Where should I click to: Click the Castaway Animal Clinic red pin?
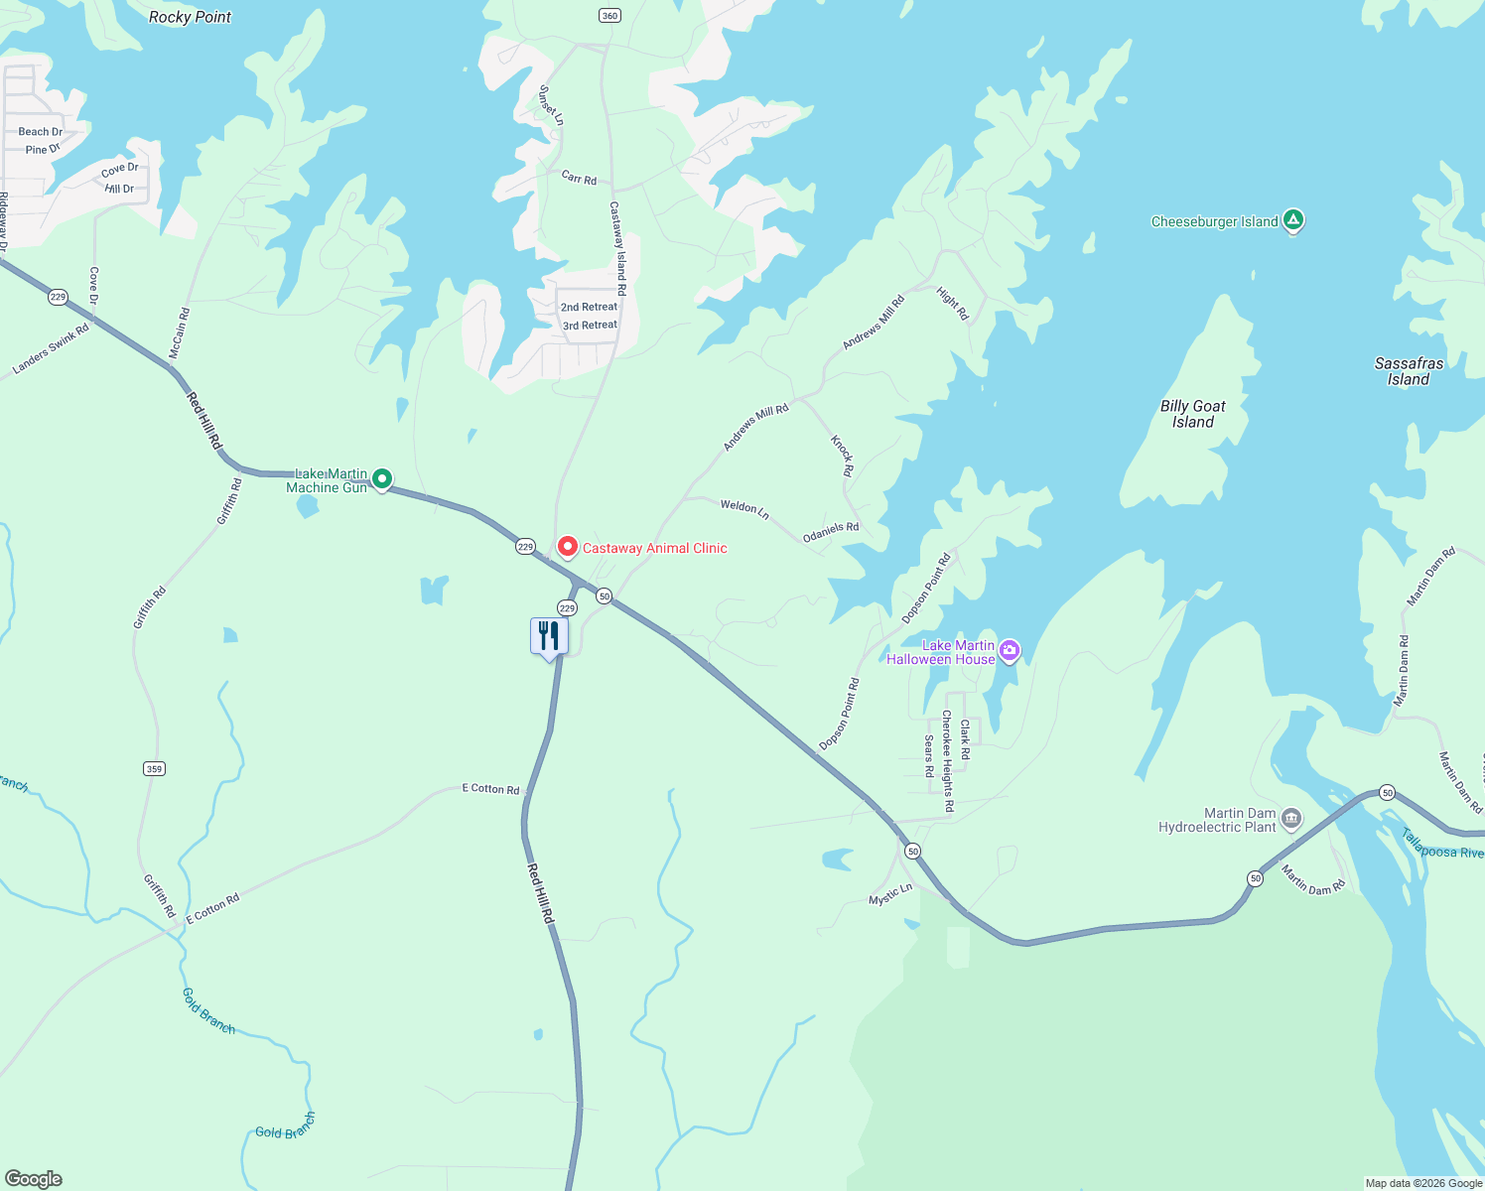(x=567, y=547)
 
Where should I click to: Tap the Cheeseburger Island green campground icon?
(x=1292, y=220)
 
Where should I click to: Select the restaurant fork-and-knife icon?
(x=549, y=636)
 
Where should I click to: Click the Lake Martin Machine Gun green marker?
(x=381, y=479)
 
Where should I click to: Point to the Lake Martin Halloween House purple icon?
(x=1010, y=651)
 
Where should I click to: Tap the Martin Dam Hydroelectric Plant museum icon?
(x=1291, y=819)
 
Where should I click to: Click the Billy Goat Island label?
(x=1192, y=414)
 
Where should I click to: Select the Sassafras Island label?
(x=1409, y=371)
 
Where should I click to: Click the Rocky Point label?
(x=190, y=17)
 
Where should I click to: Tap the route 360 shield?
(x=609, y=15)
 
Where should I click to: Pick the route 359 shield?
(x=154, y=768)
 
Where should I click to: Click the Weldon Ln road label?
(x=744, y=509)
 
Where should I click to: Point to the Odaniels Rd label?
(x=831, y=532)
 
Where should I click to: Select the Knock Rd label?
(x=842, y=456)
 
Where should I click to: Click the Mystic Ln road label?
(x=890, y=894)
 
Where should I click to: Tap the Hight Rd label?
(x=952, y=304)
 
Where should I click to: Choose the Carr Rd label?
(x=579, y=179)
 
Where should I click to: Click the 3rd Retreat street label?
(x=590, y=326)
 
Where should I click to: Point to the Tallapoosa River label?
(x=1442, y=845)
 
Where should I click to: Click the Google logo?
(x=34, y=1179)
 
